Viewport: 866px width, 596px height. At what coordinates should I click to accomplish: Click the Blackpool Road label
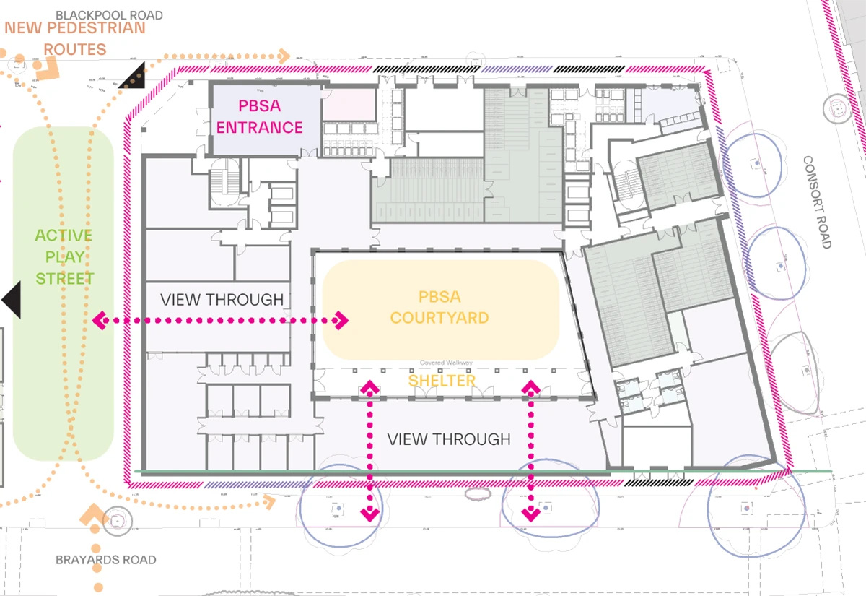coord(109,14)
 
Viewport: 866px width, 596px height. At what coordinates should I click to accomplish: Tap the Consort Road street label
coord(818,202)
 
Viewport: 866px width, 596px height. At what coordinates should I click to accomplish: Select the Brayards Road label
coord(105,560)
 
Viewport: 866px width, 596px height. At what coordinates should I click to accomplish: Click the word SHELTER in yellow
coord(442,381)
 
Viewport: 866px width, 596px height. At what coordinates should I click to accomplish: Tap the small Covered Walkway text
coord(446,363)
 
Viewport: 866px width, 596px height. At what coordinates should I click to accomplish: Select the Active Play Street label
coord(64,256)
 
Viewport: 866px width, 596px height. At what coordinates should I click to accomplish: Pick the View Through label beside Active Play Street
coord(222,300)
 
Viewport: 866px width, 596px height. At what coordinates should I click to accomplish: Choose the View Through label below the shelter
coord(448,439)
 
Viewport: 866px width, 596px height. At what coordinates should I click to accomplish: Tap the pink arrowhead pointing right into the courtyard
coord(341,320)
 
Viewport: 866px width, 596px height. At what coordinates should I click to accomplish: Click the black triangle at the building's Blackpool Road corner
coord(134,77)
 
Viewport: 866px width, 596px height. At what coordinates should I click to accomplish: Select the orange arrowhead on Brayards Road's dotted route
coord(92,515)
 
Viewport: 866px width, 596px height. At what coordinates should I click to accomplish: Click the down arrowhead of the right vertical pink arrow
coord(531,514)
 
